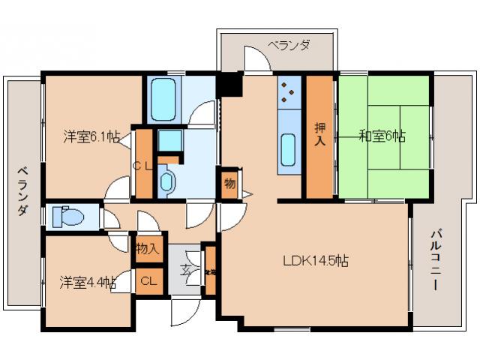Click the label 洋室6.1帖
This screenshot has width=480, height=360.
tap(91, 136)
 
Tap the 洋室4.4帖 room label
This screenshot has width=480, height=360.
tap(88, 283)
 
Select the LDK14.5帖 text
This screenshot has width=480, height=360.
tap(315, 261)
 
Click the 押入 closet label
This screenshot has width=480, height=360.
tap(319, 136)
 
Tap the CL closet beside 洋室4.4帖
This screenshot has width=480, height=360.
tap(148, 281)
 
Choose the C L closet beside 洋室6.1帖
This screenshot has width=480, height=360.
tap(144, 165)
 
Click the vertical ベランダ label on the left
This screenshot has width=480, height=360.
tap(22, 190)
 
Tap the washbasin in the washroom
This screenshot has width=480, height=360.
tap(166, 180)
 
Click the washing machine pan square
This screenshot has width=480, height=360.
tap(169, 140)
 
